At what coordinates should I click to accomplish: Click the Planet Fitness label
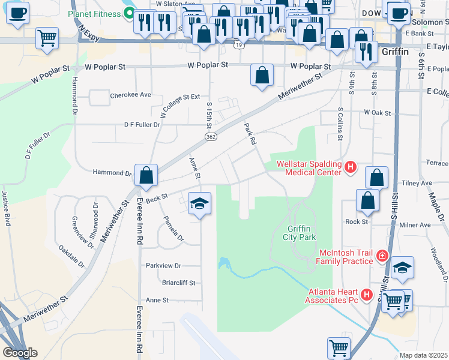pos(97,13)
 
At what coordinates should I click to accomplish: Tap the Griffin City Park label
pos(299,233)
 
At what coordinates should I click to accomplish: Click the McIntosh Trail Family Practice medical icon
pos(381,257)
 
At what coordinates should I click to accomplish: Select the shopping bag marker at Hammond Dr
pos(146,176)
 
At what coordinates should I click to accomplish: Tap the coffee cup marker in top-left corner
pos(18,13)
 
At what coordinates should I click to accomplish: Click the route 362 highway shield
pos(210,137)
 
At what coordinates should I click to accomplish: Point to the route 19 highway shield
pos(240,45)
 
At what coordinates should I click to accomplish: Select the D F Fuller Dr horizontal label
pos(142,125)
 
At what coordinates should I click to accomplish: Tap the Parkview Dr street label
pos(163,265)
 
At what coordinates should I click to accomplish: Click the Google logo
pos(20,353)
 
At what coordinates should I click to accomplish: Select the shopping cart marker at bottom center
pos(339,347)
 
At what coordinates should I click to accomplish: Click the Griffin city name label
pos(395,52)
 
